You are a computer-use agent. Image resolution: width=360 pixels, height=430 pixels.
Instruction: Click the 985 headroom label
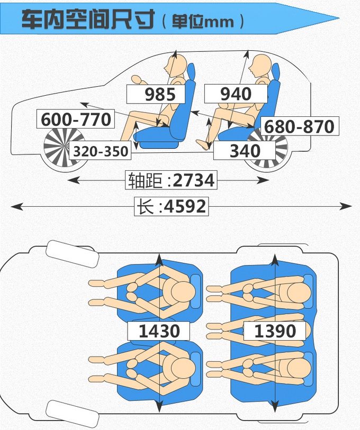160,94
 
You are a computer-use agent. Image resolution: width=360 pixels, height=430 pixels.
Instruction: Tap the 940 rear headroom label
236,94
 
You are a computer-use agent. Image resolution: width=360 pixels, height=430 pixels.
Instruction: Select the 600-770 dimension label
76,120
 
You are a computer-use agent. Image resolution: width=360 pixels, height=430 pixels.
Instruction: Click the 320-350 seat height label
101,152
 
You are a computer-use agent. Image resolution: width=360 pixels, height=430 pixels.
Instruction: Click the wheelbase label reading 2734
171,180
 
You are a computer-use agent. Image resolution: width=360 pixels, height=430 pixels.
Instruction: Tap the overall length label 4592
171,206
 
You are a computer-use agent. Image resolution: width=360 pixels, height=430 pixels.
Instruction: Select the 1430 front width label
159,331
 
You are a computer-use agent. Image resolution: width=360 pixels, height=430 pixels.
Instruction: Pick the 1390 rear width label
275,331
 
